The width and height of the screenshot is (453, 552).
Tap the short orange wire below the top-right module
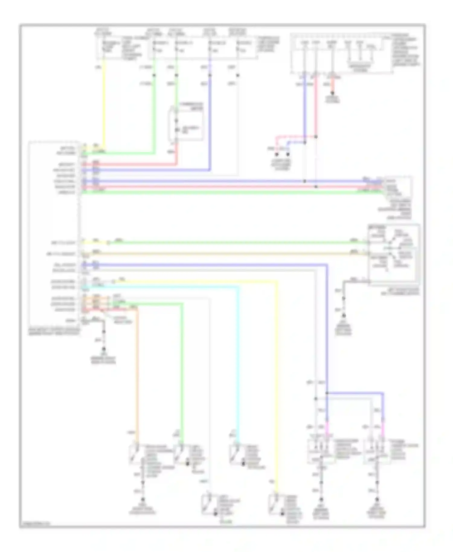pyautogui.click(x=332, y=85)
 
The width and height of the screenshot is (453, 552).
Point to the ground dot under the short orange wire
pyautogui.click(x=332, y=93)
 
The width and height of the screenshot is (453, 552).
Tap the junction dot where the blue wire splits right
pyautogui.click(x=327, y=393)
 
